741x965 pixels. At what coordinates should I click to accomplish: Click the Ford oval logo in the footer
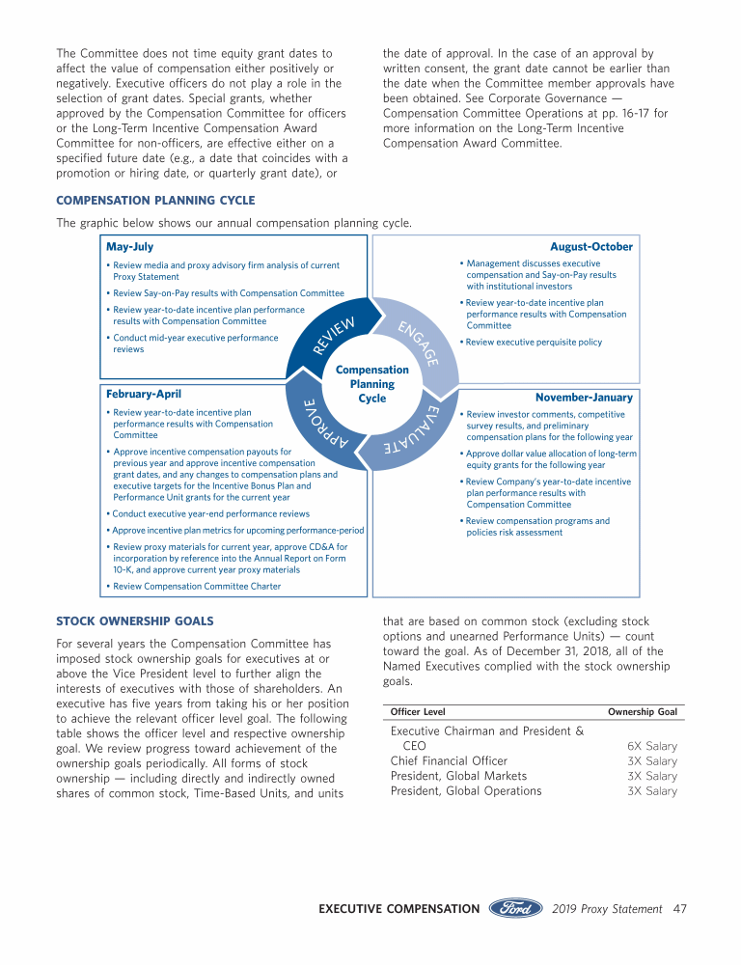pyautogui.click(x=516, y=909)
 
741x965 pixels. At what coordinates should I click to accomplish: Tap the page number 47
pyautogui.click(x=680, y=909)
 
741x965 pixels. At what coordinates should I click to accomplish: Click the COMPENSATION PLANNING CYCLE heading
pyautogui.click(x=155, y=201)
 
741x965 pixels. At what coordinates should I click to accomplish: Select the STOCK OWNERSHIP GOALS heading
pyautogui.click(x=134, y=620)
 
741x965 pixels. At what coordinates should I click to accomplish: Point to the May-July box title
pyautogui.click(x=129, y=247)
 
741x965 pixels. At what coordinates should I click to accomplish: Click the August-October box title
pyautogui.click(x=590, y=247)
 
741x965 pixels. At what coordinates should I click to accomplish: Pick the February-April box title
pyautogui.click(x=143, y=394)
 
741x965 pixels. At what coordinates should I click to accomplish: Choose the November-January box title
pyautogui.click(x=584, y=398)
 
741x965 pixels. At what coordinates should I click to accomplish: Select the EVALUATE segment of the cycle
pyautogui.click(x=410, y=433)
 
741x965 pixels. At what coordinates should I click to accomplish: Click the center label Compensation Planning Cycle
pyautogui.click(x=371, y=384)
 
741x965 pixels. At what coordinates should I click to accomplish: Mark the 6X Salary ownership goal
pyautogui.click(x=651, y=746)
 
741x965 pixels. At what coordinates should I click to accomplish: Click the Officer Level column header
pyautogui.click(x=418, y=712)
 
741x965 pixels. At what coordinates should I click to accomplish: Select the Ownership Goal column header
pyautogui.click(x=642, y=712)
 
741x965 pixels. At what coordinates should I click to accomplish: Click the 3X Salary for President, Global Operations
pyautogui.click(x=651, y=791)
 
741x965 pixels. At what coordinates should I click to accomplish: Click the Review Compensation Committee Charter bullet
pyautogui.click(x=197, y=586)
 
